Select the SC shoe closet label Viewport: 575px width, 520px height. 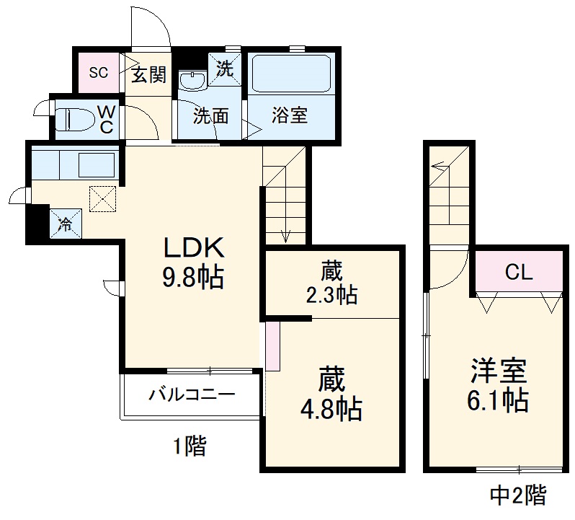point(98,72)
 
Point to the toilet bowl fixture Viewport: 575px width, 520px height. point(75,118)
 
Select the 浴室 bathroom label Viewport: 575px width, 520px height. point(290,115)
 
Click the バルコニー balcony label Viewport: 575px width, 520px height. point(192,395)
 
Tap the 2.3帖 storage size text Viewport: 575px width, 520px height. point(331,294)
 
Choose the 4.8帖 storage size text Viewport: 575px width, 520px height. point(331,409)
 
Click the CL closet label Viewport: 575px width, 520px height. point(518,273)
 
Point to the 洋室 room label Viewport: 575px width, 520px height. point(498,371)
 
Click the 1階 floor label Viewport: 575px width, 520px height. point(189,446)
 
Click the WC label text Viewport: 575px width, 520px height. point(105,119)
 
